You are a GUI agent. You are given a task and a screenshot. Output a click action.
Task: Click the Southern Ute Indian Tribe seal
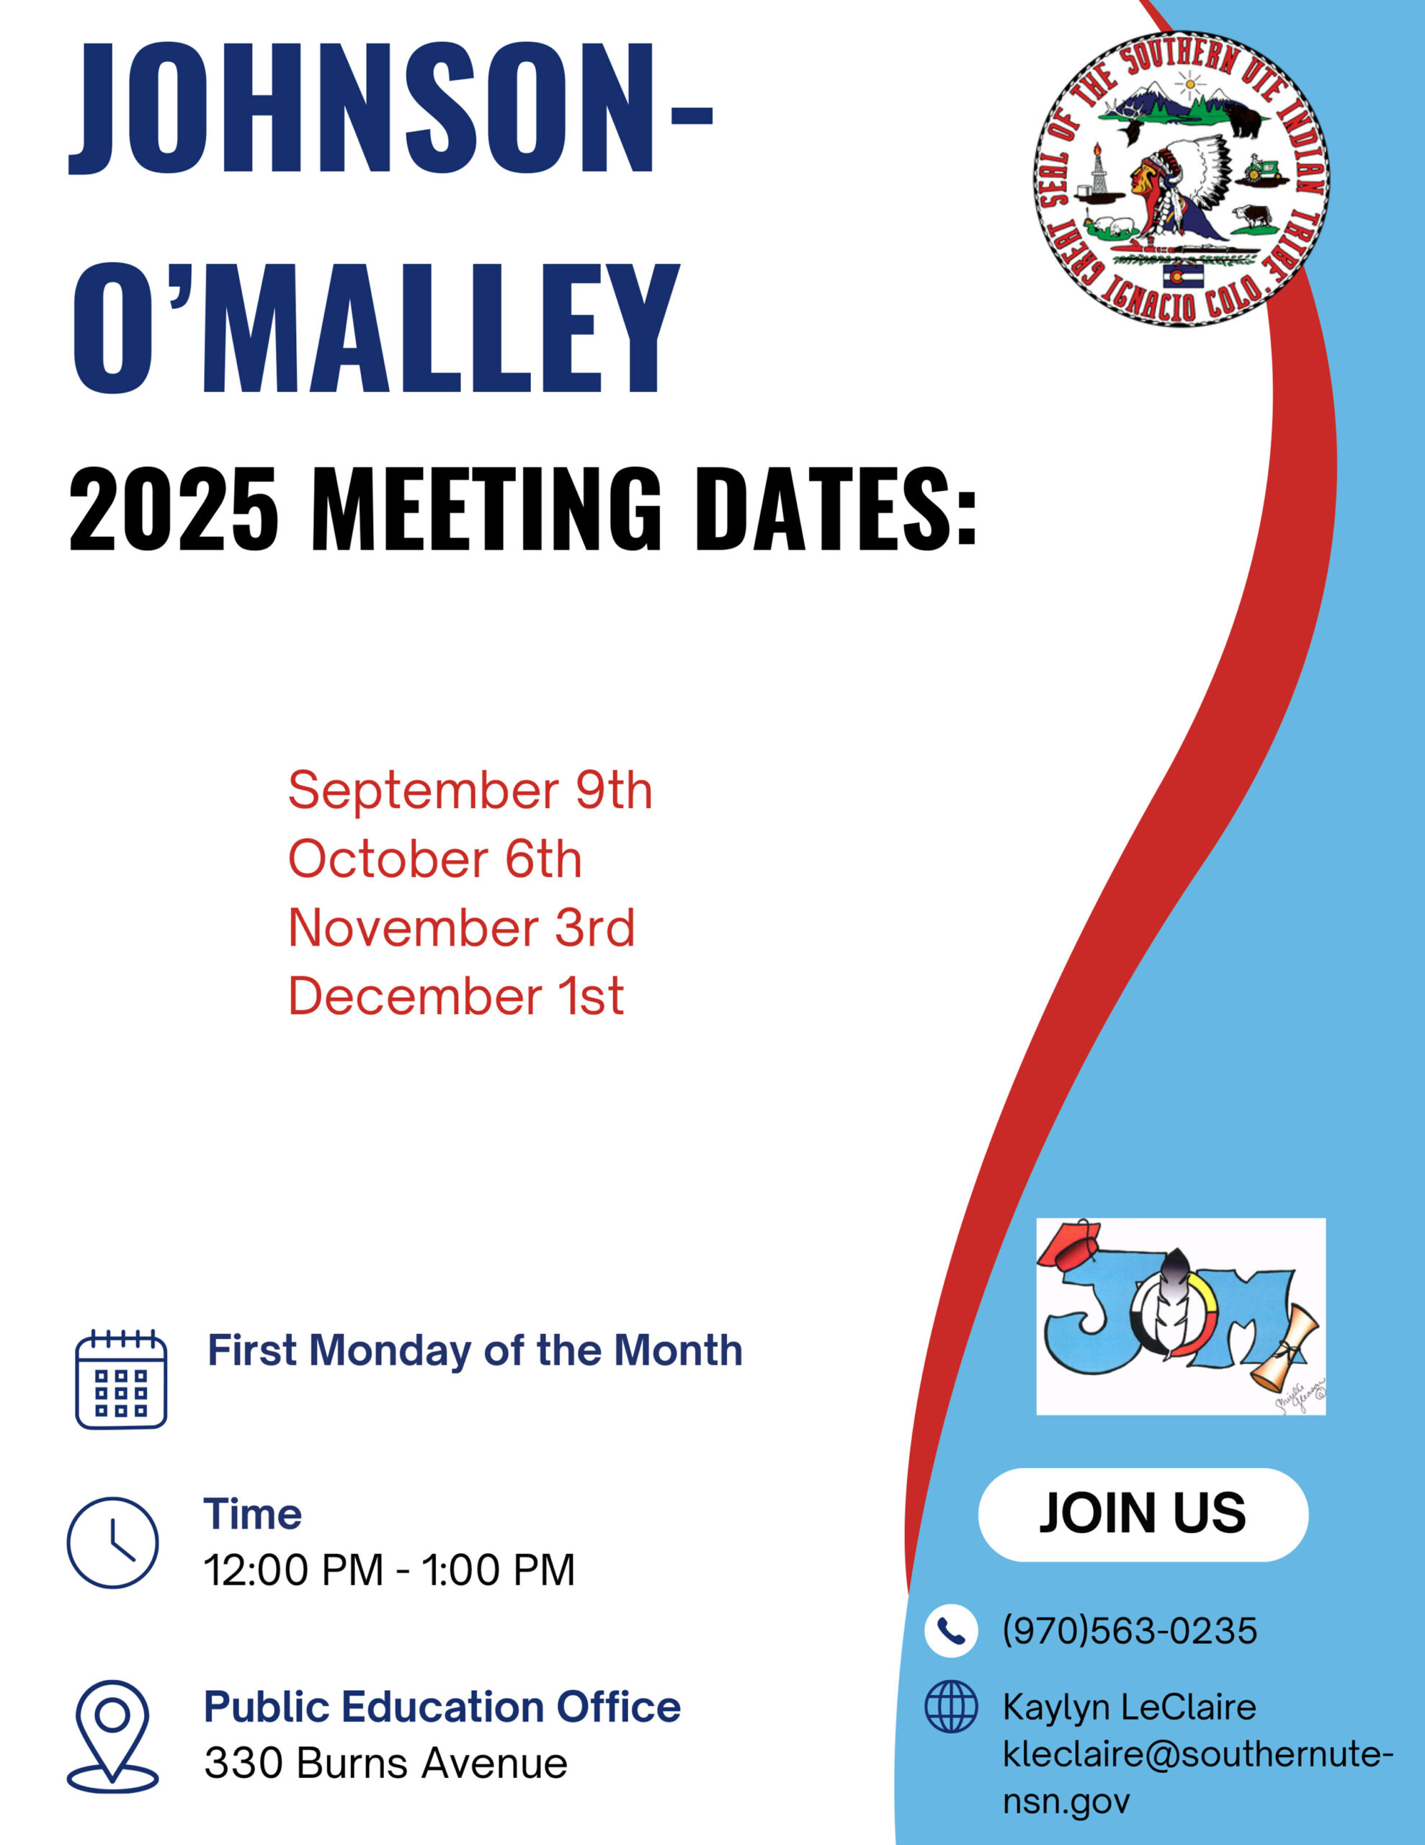coord(1181,179)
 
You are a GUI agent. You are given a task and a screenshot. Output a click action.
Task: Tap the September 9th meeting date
coord(470,791)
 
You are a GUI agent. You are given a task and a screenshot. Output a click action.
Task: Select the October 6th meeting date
coord(435,859)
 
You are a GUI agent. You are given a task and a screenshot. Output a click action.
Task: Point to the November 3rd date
coord(461,928)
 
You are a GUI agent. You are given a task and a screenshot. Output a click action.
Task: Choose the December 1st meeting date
coord(456,996)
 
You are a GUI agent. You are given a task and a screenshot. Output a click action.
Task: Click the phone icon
coord(951,1630)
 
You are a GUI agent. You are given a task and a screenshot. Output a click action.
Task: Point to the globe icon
coord(951,1707)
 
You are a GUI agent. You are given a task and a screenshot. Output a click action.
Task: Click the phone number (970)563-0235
coord(1130,1630)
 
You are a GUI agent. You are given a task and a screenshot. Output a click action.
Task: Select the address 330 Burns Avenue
coord(386,1764)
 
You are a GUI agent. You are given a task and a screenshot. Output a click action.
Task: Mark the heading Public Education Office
coord(442,1707)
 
